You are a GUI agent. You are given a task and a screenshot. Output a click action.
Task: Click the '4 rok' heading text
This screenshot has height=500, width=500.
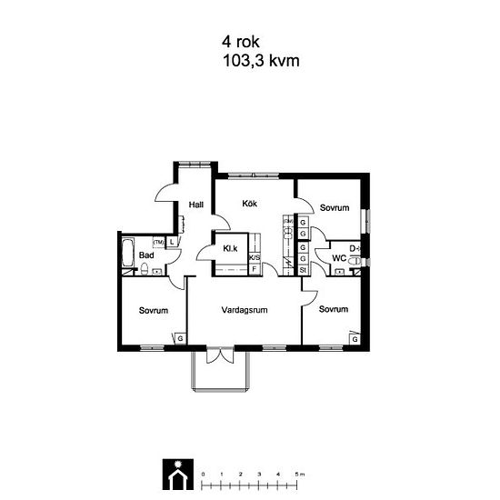pyautogui.click(x=241, y=42)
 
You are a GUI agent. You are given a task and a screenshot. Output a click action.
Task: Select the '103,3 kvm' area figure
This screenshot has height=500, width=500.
pyautogui.click(x=261, y=61)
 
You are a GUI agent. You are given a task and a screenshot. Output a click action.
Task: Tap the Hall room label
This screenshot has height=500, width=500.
pyautogui.click(x=196, y=205)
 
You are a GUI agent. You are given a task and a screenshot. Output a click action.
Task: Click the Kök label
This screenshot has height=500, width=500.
pyautogui.click(x=250, y=203)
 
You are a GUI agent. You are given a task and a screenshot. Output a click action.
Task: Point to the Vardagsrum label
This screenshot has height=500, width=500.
pyautogui.click(x=245, y=310)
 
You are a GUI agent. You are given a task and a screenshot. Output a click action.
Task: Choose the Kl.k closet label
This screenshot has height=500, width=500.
pyautogui.click(x=230, y=248)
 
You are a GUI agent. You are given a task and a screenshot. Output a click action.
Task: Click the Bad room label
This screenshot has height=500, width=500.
pyautogui.click(x=146, y=255)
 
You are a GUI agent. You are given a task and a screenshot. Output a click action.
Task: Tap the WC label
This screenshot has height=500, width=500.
pyautogui.click(x=339, y=258)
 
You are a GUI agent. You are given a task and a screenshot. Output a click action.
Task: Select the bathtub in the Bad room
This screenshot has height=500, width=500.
pyautogui.click(x=128, y=253)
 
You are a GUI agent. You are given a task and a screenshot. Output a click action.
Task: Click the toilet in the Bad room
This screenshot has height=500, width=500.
pyautogui.click(x=145, y=269)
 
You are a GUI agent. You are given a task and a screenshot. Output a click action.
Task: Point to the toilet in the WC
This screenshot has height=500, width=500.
pyautogui.click(x=355, y=262)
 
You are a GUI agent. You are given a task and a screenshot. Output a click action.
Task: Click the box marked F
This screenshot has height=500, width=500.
pyautogui.click(x=255, y=269)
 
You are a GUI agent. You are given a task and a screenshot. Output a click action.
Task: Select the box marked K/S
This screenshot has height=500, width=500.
pyautogui.click(x=255, y=257)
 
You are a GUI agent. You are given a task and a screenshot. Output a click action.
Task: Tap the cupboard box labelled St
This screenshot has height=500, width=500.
pyautogui.click(x=303, y=270)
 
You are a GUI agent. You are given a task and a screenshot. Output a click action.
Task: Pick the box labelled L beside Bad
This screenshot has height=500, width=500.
pyautogui.click(x=172, y=242)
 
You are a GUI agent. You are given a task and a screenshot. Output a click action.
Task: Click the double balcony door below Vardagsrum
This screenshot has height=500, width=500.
pyautogui.click(x=220, y=355)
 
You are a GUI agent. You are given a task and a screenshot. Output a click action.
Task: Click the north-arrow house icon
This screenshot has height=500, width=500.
pyautogui.click(x=178, y=475)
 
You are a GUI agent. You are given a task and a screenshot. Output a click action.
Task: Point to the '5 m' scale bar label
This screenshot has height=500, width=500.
pyautogui.click(x=300, y=475)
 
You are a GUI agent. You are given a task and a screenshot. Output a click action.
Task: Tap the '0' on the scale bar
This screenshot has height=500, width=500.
pyautogui.click(x=203, y=475)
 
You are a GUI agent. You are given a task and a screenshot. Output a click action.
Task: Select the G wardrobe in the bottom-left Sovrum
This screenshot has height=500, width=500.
pyautogui.click(x=181, y=338)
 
